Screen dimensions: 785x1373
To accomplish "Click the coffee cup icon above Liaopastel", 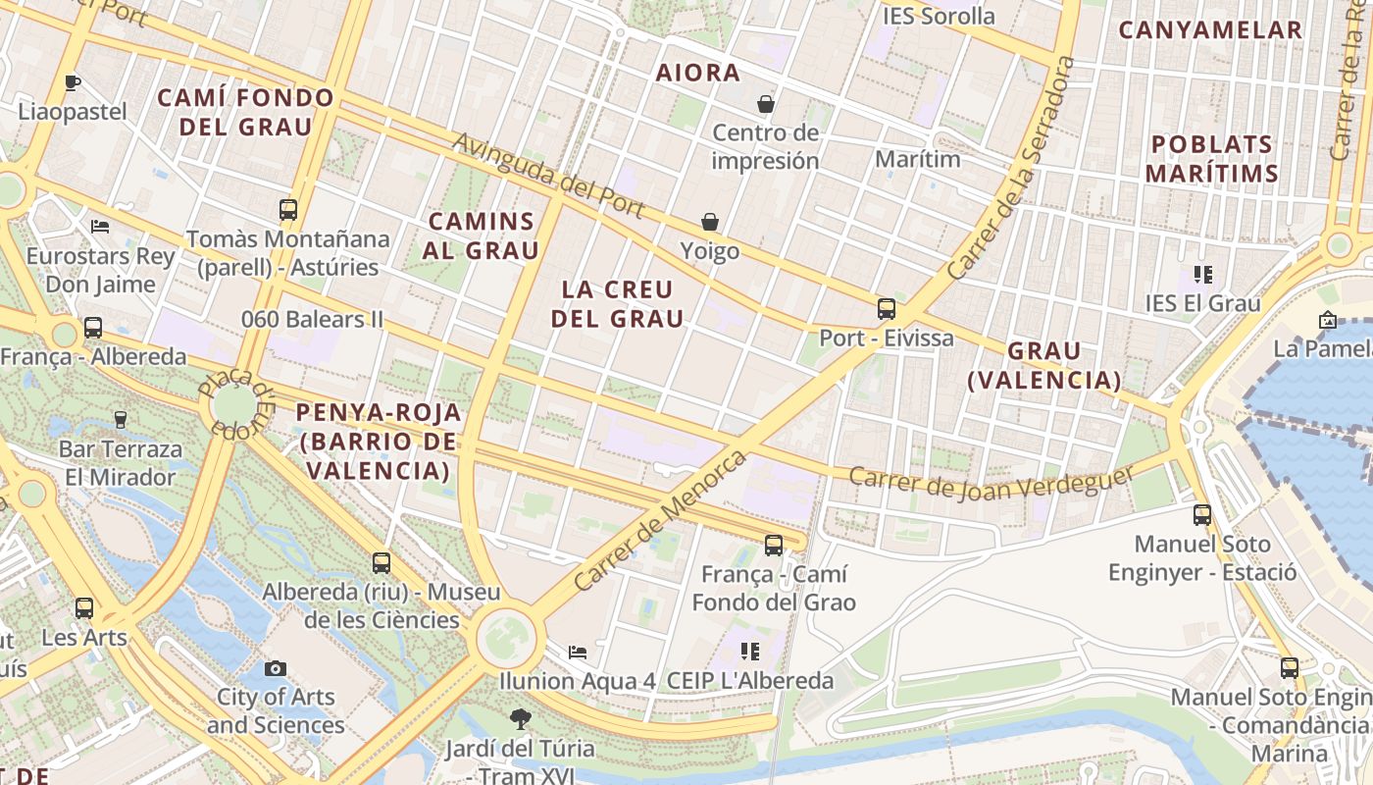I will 72,82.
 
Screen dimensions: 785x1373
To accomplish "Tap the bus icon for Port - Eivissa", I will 887,309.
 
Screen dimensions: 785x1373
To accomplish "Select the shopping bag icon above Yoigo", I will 709,223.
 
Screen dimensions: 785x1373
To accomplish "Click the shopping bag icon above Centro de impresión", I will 765,103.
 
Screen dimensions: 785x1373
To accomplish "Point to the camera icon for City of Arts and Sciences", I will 276,668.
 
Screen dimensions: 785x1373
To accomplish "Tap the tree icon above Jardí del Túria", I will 520,719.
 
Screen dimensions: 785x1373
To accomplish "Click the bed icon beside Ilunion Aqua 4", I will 578,652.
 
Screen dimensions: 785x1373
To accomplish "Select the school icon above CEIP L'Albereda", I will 750,651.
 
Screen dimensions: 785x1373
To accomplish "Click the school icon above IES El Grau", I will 1202,275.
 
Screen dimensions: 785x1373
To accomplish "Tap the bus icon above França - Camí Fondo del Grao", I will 774,545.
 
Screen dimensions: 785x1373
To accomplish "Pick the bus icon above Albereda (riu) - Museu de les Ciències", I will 381,563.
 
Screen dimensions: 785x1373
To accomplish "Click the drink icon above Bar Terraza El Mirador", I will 121,420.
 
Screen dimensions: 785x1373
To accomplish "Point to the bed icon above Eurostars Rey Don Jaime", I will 100,227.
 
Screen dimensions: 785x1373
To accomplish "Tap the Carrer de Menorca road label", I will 659,520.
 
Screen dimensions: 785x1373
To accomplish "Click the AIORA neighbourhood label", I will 697,73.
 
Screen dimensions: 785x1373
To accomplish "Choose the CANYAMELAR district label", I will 1210,29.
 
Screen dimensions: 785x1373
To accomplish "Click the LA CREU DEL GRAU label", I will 617,303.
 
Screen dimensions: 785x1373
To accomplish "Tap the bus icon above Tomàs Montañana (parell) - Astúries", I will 288,209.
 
